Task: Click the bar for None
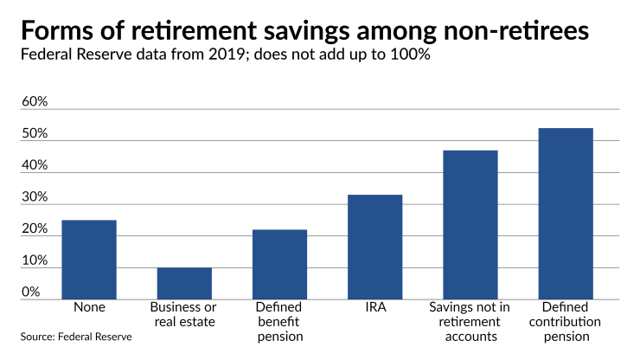pyautogui.click(x=89, y=260)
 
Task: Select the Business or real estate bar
pyautogui.click(x=184, y=283)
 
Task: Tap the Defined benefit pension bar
pyautogui.click(x=279, y=264)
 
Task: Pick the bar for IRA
pyautogui.click(x=374, y=247)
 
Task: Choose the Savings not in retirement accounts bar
pyautogui.click(x=470, y=225)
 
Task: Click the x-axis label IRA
pyautogui.click(x=374, y=307)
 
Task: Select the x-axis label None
pyautogui.click(x=89, y=307)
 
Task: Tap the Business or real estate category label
pyautogui.click(x=184, y=314)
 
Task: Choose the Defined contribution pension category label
pyautogui.click(x=566, y=321)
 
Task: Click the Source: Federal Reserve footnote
pyautogui.click(x=77, y=336)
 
